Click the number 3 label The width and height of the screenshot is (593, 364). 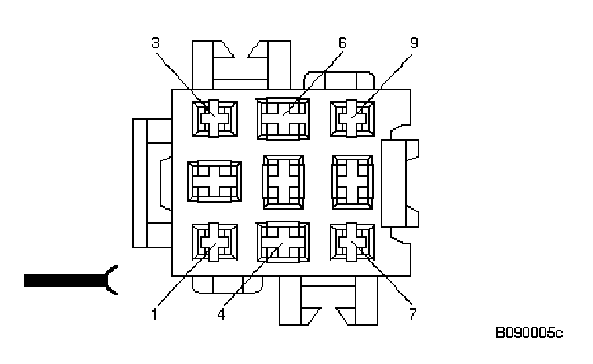point(155,44)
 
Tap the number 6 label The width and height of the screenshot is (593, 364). point(342,43)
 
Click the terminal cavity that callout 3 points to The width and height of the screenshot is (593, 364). point(214,118)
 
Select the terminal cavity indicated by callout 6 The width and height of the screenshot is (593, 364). point(283,119)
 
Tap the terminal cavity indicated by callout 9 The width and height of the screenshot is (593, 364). point(352,119)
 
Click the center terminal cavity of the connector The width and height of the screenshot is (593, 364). point(283,181)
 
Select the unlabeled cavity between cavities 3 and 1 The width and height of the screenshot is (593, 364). point(214,181)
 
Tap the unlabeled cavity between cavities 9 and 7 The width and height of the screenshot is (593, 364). point(352,181)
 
